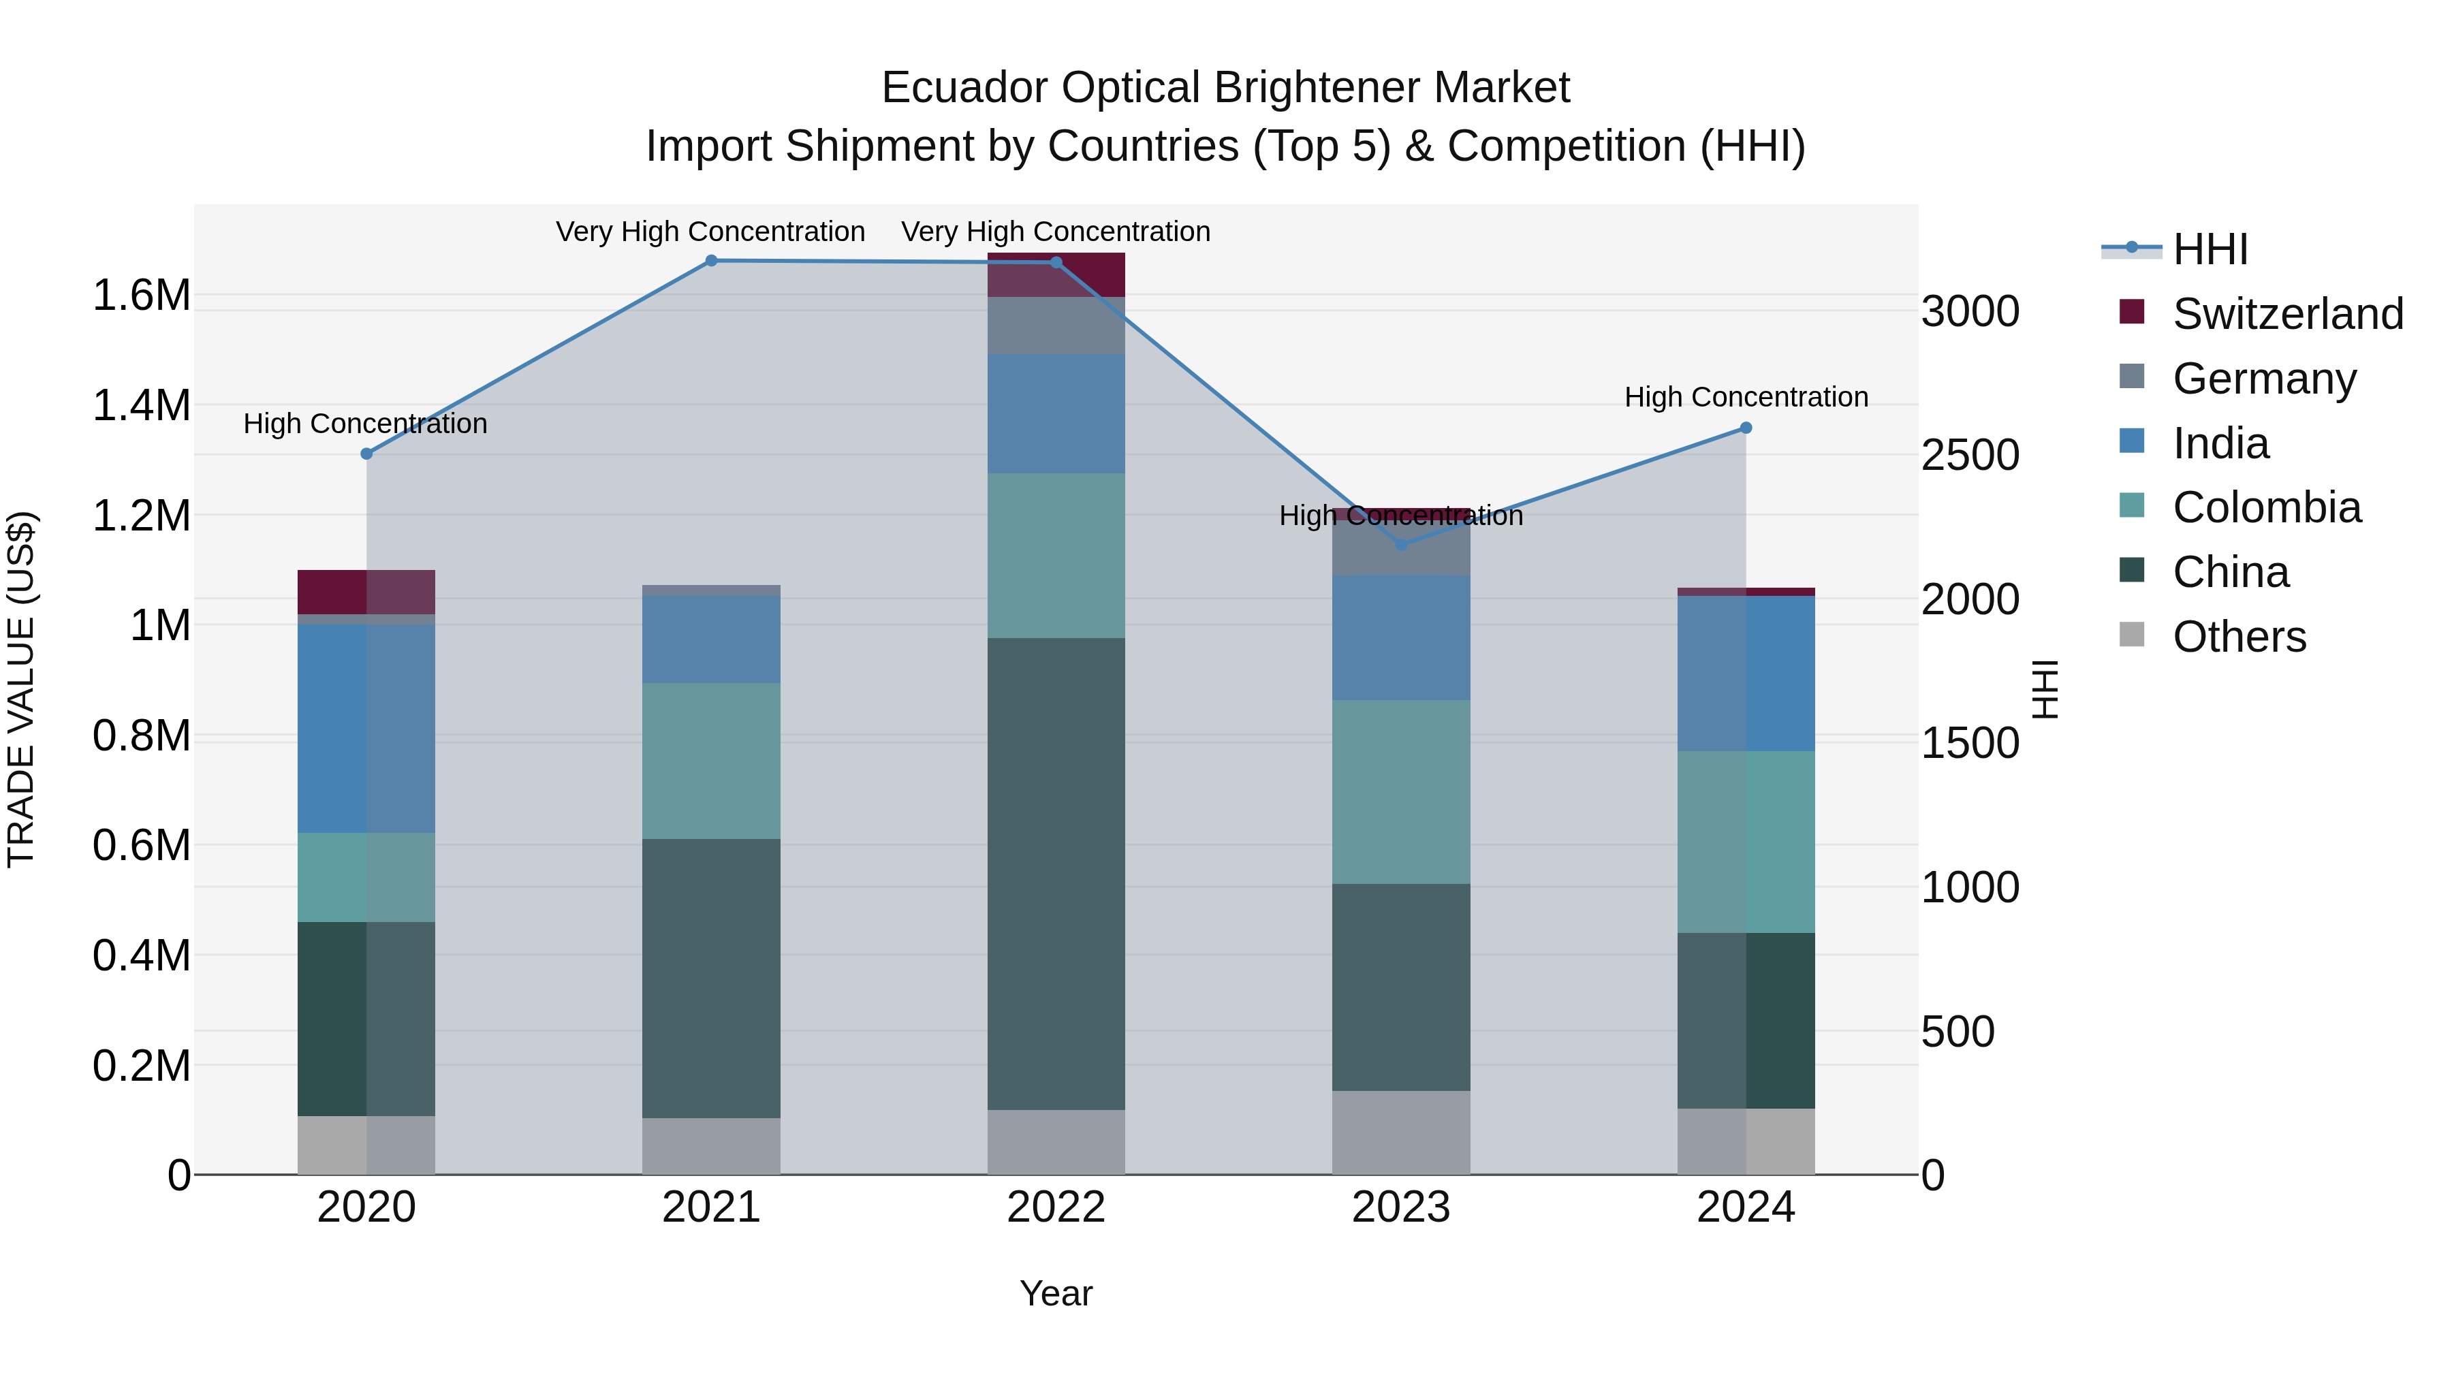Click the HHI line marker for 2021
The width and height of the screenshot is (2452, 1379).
point(711,261)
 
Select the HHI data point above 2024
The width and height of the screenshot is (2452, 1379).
point(1746,428)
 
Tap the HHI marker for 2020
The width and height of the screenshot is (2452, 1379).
point(366,454)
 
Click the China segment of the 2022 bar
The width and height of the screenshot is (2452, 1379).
point(1056,873)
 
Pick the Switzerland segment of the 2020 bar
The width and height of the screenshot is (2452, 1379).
point(366,592)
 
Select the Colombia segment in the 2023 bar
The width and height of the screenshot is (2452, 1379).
point(1400,792)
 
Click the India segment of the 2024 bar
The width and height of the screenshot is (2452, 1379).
point(1746,673)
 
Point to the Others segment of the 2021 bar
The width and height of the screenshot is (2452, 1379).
point(711,1146)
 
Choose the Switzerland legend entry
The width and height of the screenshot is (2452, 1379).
point(2287,314)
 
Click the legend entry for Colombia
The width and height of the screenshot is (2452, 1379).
point(2266,507)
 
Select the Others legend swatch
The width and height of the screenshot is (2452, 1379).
point(2132,635)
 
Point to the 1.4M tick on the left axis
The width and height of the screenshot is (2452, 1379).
point(141,405)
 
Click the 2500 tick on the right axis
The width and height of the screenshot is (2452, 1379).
point(1969,455)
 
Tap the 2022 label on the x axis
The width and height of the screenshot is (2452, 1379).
point(1056,1207)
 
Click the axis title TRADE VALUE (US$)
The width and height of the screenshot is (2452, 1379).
point(21,689)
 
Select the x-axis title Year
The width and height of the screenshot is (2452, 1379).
point(1056,1293)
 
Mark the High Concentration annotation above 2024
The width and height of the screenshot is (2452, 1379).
point(1746,397)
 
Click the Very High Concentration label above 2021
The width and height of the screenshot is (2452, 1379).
point(710,232)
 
